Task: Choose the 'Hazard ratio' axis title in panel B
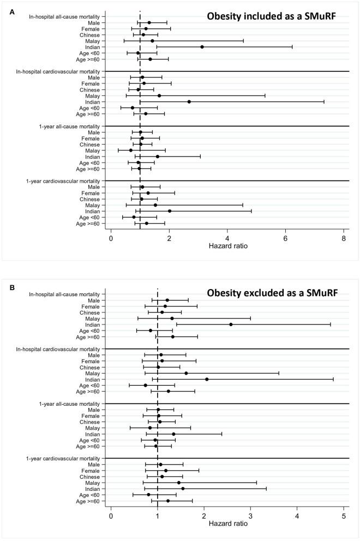point(227,525)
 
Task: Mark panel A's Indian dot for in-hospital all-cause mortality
point(202,47)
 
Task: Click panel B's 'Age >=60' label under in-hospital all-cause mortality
point(87,336)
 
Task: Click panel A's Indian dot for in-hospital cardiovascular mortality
point(189,101)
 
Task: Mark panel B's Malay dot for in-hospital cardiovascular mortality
point(186,373)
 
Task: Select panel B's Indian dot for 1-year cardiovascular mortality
point(183,489)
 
